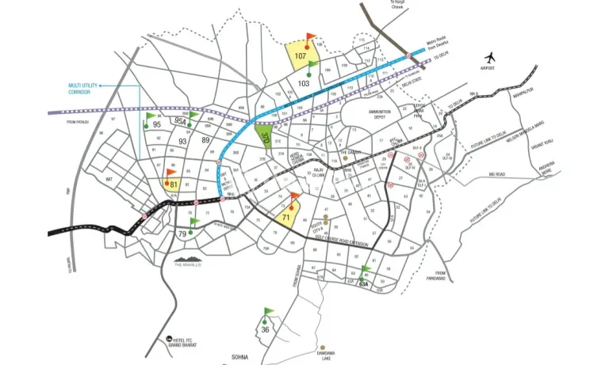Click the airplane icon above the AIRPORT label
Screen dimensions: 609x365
coord(489,57)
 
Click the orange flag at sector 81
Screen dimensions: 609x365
coord(170,173)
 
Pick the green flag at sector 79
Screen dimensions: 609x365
coord(192,224)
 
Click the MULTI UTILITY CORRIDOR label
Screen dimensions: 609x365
coord(86,89)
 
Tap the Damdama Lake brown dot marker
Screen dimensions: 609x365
coord(324,348)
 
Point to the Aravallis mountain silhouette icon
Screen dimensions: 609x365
coord(190,257)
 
